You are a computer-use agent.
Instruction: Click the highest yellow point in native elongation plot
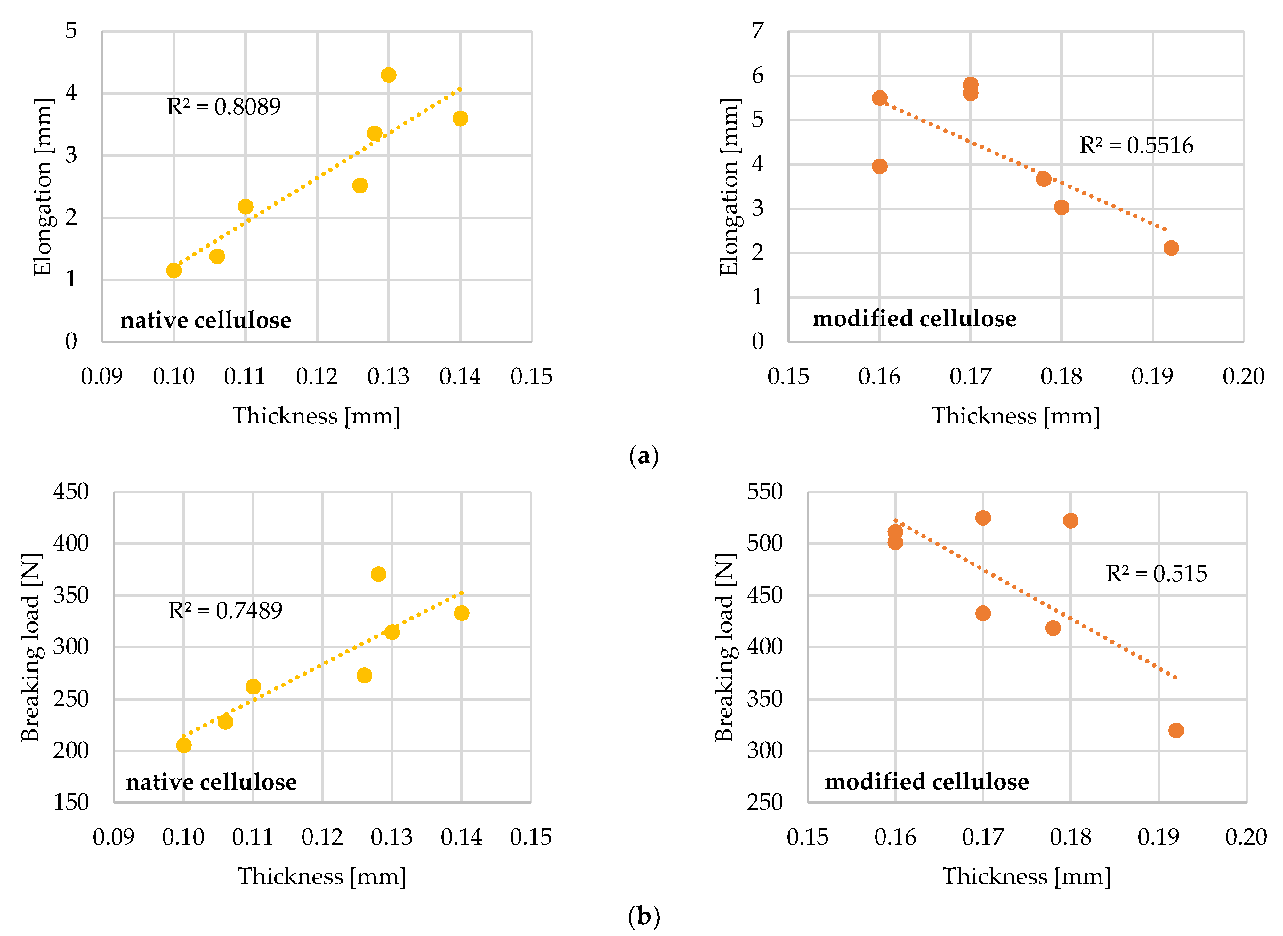pyautogui.click(x=388, y=75)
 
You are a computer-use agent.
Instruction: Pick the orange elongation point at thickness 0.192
pyautogui.click(x=1171, y=248)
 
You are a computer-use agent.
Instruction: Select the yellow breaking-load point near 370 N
pyautogui.click(x=378, y=574)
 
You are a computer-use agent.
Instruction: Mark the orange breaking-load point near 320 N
pyautogui.click(x=1176, y=730)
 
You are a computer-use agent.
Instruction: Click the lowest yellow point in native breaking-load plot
pyautogui.click(x=183, y=745)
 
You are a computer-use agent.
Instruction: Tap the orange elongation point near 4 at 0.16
pyautogui.click(x=879, y=166)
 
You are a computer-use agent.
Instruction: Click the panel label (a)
pyautogui.click(x=644, y=456)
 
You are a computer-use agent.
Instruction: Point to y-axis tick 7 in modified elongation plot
pyautogui.click(x=758, y=31)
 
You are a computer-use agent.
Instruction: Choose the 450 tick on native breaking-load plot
pyautogui.click(x=71, y=491)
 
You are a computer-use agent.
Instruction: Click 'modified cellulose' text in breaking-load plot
pyautogui.click(x=926, y=782)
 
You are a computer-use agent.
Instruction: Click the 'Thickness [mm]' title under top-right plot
pyautogui.click(x=1015, y=416)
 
